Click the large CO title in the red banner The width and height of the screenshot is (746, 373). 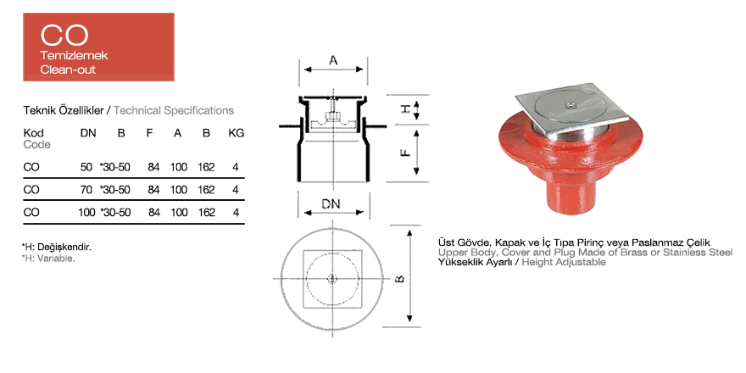tap(64, 35)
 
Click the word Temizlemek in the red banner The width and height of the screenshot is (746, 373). tap(74, 56)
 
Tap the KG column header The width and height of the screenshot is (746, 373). tap(237, 133)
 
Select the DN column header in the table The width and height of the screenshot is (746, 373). tap(88, 133)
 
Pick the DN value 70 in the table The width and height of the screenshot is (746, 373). tap(86, 190)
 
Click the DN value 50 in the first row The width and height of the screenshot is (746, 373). tap(86, 168)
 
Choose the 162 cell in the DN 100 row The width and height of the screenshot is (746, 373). tap(207, 212)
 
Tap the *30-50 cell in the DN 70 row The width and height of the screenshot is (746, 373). tap(114, 190)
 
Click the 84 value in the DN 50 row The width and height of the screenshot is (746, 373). tap(153, 168)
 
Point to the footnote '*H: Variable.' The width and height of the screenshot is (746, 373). tap(48, 259)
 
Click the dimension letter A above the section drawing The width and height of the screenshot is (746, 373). tap(333, 60)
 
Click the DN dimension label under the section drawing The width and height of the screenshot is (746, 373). tap(331, 203)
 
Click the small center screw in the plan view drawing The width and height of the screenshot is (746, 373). tap(331, 278)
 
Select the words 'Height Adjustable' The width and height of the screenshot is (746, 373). tap(564, 262)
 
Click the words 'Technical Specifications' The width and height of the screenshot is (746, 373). tap(174, 111)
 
